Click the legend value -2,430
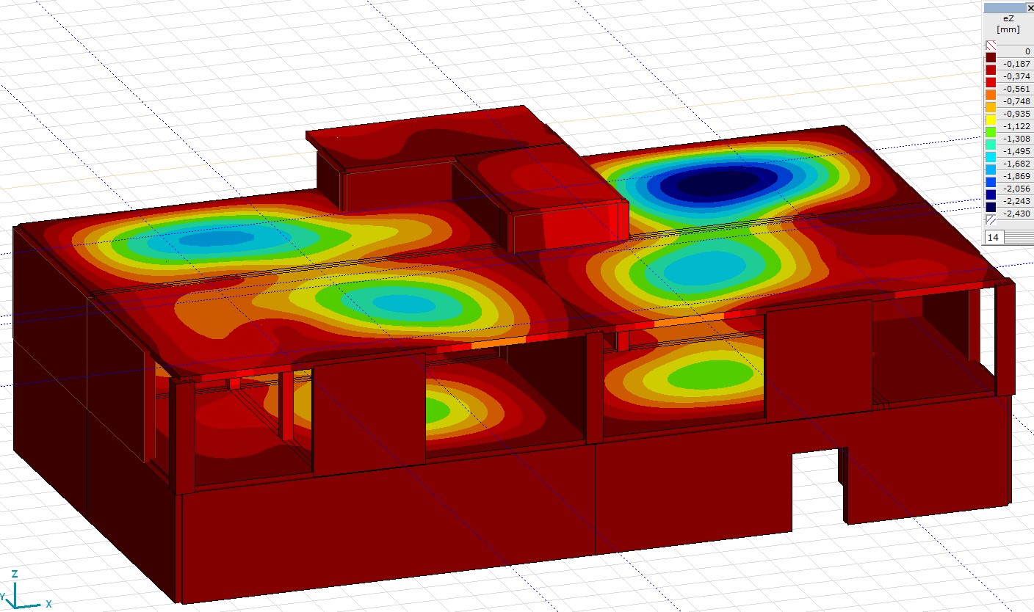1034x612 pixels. [x=1016, y=214]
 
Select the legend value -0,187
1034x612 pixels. [x=1016, y=64]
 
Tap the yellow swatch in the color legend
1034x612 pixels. [x=991, y=120]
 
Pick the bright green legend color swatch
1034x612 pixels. [x=991, y=132]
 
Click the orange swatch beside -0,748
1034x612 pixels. [x=991, y=95]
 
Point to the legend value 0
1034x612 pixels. [x=1027, y=51]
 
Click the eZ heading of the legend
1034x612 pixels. [x=1008, y=18]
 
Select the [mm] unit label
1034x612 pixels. [x=1008, y=29]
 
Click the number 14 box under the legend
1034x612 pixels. [x=994, y=237]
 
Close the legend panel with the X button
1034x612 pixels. [x=1030, y=8]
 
